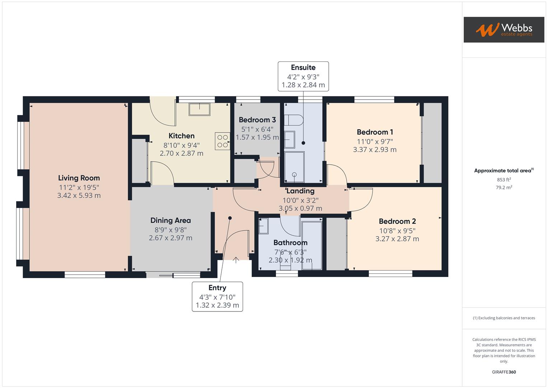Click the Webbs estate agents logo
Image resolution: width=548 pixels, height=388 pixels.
503,30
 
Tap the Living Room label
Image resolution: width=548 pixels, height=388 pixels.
79,178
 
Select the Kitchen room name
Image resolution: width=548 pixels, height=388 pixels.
182,136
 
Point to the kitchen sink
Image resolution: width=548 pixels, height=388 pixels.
200,109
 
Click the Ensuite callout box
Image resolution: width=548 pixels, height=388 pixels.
303,76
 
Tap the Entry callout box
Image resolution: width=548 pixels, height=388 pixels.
217,296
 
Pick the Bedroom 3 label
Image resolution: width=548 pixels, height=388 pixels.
257,120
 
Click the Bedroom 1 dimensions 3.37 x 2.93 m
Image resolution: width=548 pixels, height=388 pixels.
375,150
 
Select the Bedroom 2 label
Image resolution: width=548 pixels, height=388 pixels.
397,221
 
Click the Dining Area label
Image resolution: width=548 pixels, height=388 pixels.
170,221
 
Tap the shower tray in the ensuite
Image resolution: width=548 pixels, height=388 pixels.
294,167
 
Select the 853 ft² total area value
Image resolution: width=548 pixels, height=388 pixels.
504,180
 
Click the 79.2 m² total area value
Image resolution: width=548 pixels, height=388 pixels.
504,188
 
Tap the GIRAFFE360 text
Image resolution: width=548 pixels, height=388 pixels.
504,372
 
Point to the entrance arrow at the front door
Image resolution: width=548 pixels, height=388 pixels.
236,260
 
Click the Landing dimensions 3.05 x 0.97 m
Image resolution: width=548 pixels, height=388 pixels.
300,208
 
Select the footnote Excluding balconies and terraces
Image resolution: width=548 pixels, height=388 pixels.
504,318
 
